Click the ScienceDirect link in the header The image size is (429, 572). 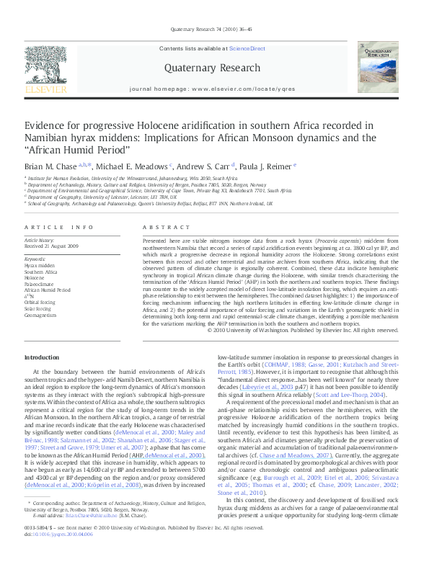[x=247, y=48]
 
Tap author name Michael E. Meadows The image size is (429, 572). [x=136, y=165]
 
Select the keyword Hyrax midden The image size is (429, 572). [x=40, y=265]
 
